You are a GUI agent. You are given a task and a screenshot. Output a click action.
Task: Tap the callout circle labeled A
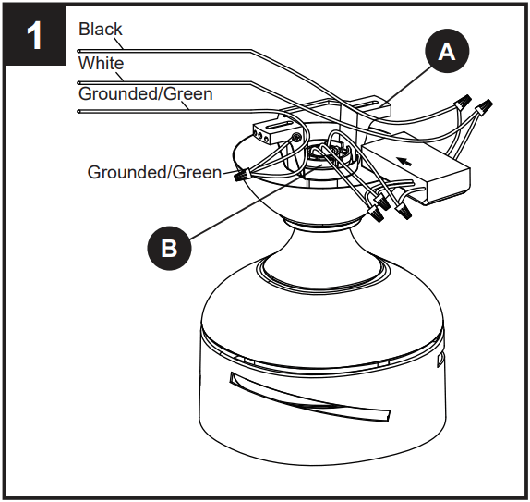point(446,53)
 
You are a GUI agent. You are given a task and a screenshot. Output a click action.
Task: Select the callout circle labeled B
point(169,247)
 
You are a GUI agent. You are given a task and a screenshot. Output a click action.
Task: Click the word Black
point(100,29)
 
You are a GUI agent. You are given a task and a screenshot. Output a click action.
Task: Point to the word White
point(101,64)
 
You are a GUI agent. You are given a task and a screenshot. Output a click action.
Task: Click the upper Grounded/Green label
point(145,93)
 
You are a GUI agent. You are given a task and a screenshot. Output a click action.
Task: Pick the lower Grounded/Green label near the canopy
point(154,172)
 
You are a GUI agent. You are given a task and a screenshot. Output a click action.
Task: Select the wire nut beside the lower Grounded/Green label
point(242,173)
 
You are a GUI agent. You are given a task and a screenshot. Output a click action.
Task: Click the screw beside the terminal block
point(295,138)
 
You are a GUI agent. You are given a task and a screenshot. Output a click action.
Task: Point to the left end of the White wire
point(80,81)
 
